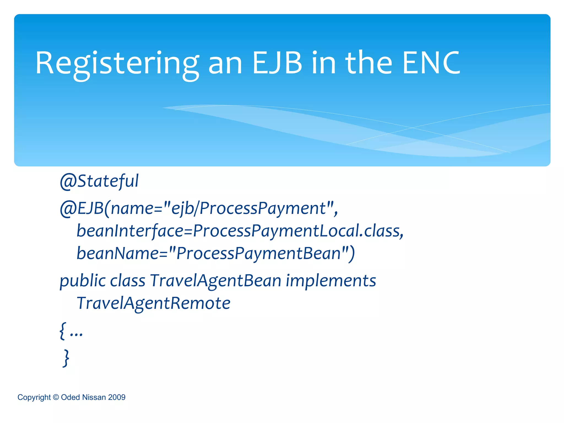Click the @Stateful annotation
(x=99, y=181)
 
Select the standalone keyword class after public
(x=128, y=281)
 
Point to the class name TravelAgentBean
(x=216, y=281)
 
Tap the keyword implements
(x=331, y=281)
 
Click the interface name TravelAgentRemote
(x=153, y=303)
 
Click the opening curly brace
(x=63, y=331)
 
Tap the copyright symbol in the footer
(x=56, y=397)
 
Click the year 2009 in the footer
(x=117, y=397)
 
